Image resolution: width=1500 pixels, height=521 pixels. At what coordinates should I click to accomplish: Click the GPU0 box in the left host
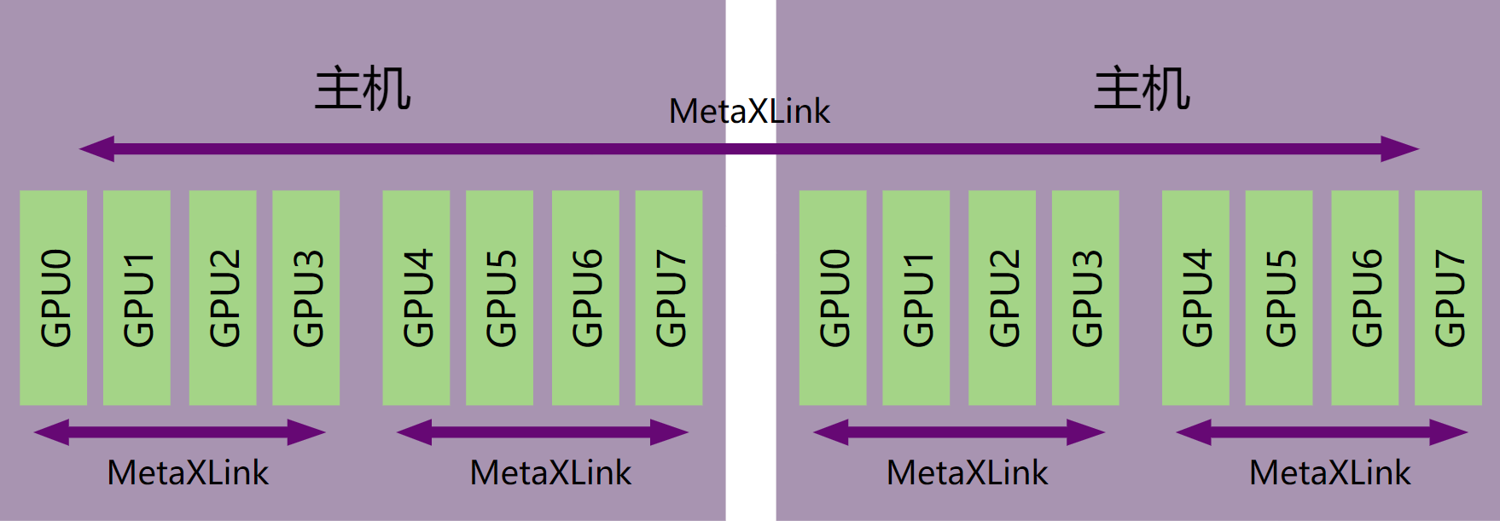click(53, 298)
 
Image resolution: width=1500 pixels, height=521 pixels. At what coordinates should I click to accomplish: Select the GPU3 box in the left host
click(305, 298)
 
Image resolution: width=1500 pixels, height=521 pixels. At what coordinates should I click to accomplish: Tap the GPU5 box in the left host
click(499, 298)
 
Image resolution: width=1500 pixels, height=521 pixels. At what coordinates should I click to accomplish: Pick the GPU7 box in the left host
click(669, 298)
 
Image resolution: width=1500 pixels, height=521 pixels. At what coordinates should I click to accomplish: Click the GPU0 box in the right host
click(833, 298)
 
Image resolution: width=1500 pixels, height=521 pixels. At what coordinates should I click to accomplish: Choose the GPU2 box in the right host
click(1002, 298)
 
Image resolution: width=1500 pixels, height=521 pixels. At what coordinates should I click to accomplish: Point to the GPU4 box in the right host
click(1195, 298)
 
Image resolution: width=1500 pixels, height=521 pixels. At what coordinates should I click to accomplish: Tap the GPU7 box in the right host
click(1448, 298)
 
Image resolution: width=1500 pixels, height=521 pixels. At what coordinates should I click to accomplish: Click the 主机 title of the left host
click(363, 90)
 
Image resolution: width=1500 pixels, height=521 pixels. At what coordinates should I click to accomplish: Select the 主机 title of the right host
click(1142, 90)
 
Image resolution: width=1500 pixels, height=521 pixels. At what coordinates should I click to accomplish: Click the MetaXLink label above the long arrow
click(749, 112)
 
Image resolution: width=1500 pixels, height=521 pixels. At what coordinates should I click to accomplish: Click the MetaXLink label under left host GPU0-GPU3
click(188, 472)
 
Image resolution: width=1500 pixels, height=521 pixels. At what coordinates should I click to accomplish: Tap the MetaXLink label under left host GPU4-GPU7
click(550, 472)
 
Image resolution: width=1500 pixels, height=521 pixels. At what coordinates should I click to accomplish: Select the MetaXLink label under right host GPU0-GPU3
click(967, 472)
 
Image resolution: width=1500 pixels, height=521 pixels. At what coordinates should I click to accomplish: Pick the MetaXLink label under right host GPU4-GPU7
click(1329, 472)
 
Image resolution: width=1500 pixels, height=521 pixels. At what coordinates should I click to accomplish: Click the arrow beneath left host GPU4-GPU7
click(543, 432)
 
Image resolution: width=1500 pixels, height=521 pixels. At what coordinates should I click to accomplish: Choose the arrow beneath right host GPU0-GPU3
click(959, 432)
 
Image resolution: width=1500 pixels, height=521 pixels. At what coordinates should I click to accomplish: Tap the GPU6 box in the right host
click(1364, 298)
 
